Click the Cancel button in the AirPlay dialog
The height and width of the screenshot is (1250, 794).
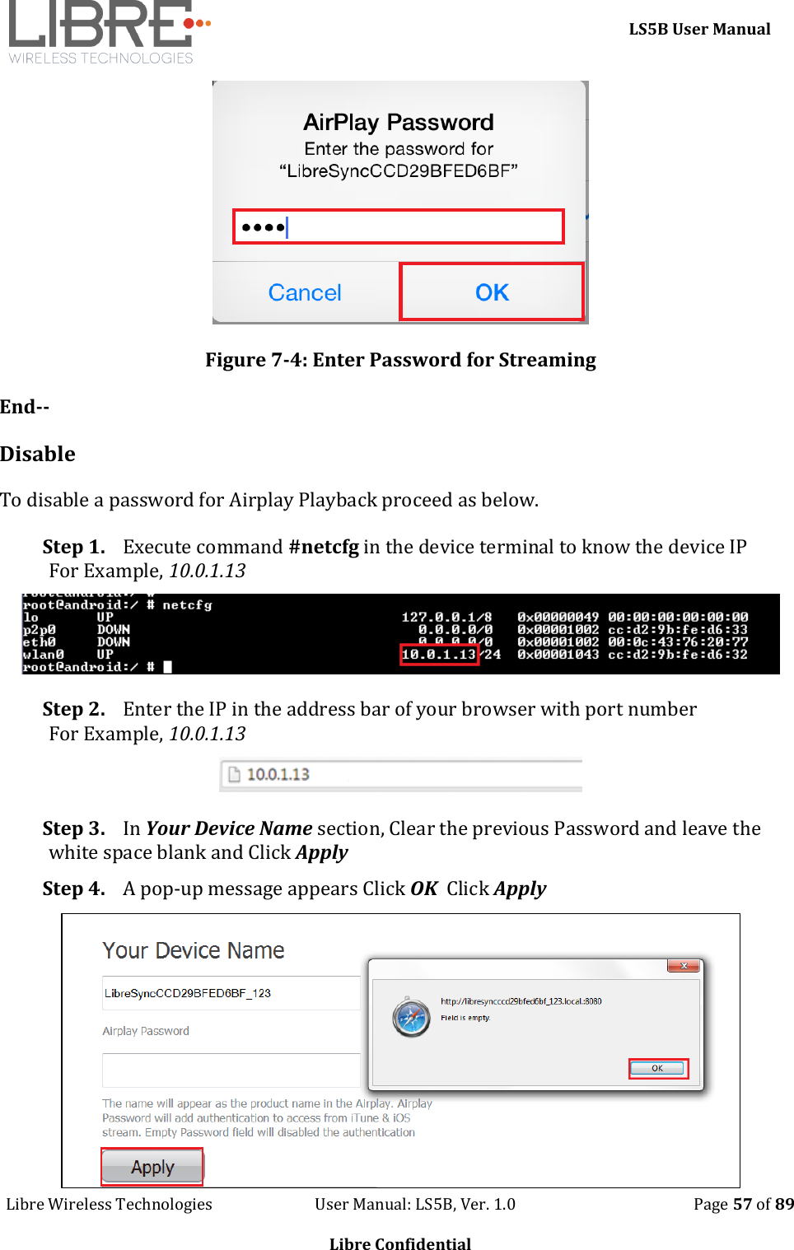(x=305, y=292)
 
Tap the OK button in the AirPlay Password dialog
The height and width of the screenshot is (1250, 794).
(x=492, y=292)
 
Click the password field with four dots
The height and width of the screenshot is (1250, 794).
(x=399, y=226)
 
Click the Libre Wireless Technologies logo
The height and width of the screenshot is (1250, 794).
(x=107, y=33)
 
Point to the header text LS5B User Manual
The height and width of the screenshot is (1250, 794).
(x=699, y=29)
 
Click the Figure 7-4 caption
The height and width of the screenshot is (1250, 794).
(x=400, y=360)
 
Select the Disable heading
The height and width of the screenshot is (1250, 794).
(x=38, y=454)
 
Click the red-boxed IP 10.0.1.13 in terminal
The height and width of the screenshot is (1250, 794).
(x=439, y=655)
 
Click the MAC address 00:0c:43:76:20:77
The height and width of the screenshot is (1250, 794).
(x=677, y=641)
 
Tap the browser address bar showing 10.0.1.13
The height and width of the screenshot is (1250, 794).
(x=400, y=774)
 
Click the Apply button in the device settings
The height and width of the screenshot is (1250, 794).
(x=152, y=1167)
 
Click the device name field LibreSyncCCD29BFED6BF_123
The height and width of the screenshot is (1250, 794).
(x=231, y=993)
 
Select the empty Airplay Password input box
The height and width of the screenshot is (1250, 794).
(x=231, y=1070)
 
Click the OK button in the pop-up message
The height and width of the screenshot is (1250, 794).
(x=657, y=1068)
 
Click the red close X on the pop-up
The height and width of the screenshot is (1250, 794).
(x=683, y=965)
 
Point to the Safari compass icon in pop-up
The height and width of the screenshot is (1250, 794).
(x=411, y=1017)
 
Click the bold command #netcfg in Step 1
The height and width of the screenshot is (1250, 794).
(x=324, y=547)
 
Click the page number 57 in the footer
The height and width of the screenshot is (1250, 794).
(x=742, y=1204)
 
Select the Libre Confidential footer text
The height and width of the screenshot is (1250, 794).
(x=400, y=1243)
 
